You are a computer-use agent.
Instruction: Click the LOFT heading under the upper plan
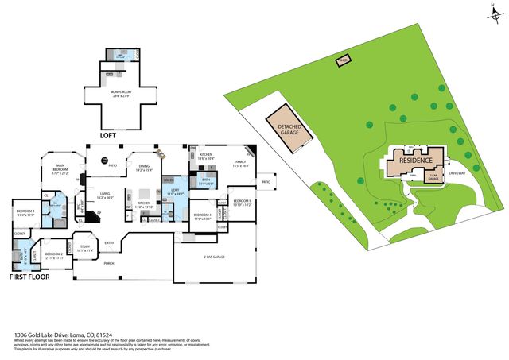(109, 135)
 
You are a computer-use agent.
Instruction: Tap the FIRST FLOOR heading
(29, 277)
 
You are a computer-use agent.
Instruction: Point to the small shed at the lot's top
(342, 61)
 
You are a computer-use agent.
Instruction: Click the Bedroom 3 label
(241, 203)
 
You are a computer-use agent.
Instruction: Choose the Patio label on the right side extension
(266, 182)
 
